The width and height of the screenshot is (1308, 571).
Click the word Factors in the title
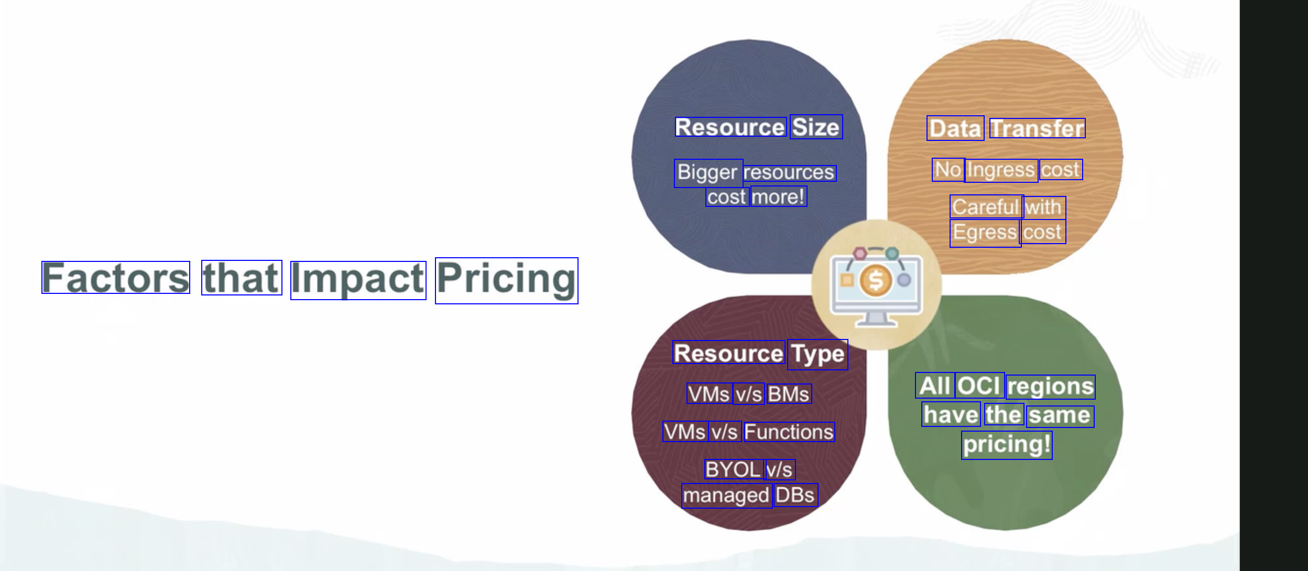click(116, 277)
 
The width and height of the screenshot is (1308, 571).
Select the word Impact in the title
click(358, 280)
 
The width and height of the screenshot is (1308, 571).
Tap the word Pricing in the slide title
click(507, 280)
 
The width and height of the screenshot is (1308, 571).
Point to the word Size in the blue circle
click(816, 127)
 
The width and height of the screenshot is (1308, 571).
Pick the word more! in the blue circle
click(779, 196)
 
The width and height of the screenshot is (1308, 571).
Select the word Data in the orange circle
click(955, 128)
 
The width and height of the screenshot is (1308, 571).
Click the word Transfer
click(1037, 128)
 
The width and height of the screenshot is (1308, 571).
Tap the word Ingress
click(1001, 170)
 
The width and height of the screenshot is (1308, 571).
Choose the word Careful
click(986, 207)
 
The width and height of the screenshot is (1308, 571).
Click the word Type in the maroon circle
click(817, 355)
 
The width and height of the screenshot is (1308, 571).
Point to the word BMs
click(789, 394)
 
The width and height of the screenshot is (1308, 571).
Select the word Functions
click(789, 432)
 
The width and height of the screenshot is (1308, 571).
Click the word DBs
click(795, 495)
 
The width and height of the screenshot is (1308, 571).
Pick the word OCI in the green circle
click(979, 386)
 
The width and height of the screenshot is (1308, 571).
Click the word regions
click(1051, 387)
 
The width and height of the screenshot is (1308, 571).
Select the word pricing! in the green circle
click(1007, 445)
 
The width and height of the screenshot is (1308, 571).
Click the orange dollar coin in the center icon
click(876, 280)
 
